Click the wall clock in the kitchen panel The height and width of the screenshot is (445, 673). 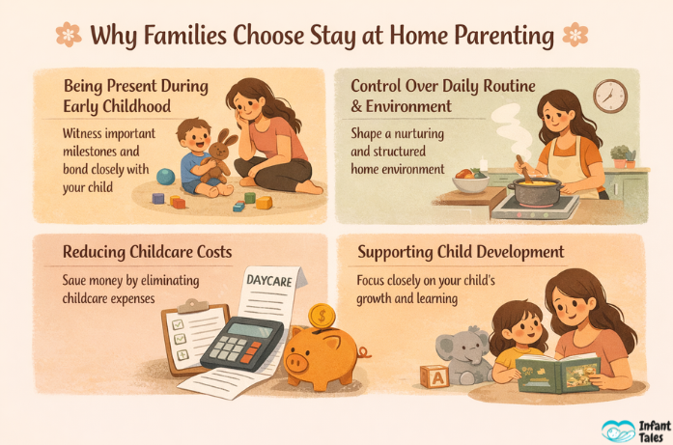click(x=609, y=96)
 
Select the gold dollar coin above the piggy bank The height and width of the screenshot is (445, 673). click(x=322, y=315)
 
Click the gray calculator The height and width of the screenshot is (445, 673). click(x=240, y=342)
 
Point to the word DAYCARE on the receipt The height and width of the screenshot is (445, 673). click(x=269, y=279)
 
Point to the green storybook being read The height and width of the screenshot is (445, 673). click(x=557, y=373)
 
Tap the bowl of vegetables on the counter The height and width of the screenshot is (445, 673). click(x=469, y=179)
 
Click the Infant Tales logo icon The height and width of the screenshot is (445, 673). click(x=618, y=430)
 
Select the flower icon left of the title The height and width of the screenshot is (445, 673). click(x=69, y=35)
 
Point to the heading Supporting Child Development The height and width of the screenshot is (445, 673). click(x=462, y=253)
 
